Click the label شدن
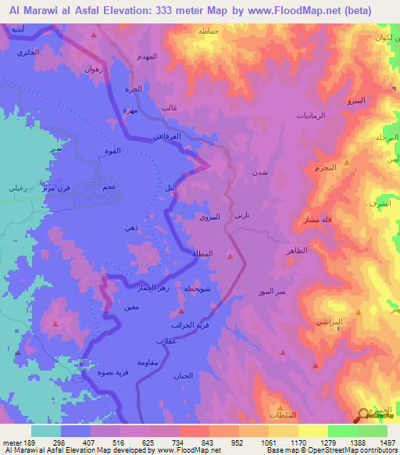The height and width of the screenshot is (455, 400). pos(259,172)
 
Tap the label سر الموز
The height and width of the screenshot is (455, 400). pos(270,292)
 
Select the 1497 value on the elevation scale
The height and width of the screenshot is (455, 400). pos(388,442)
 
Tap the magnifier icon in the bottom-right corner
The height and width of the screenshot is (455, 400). pos(363,416)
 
